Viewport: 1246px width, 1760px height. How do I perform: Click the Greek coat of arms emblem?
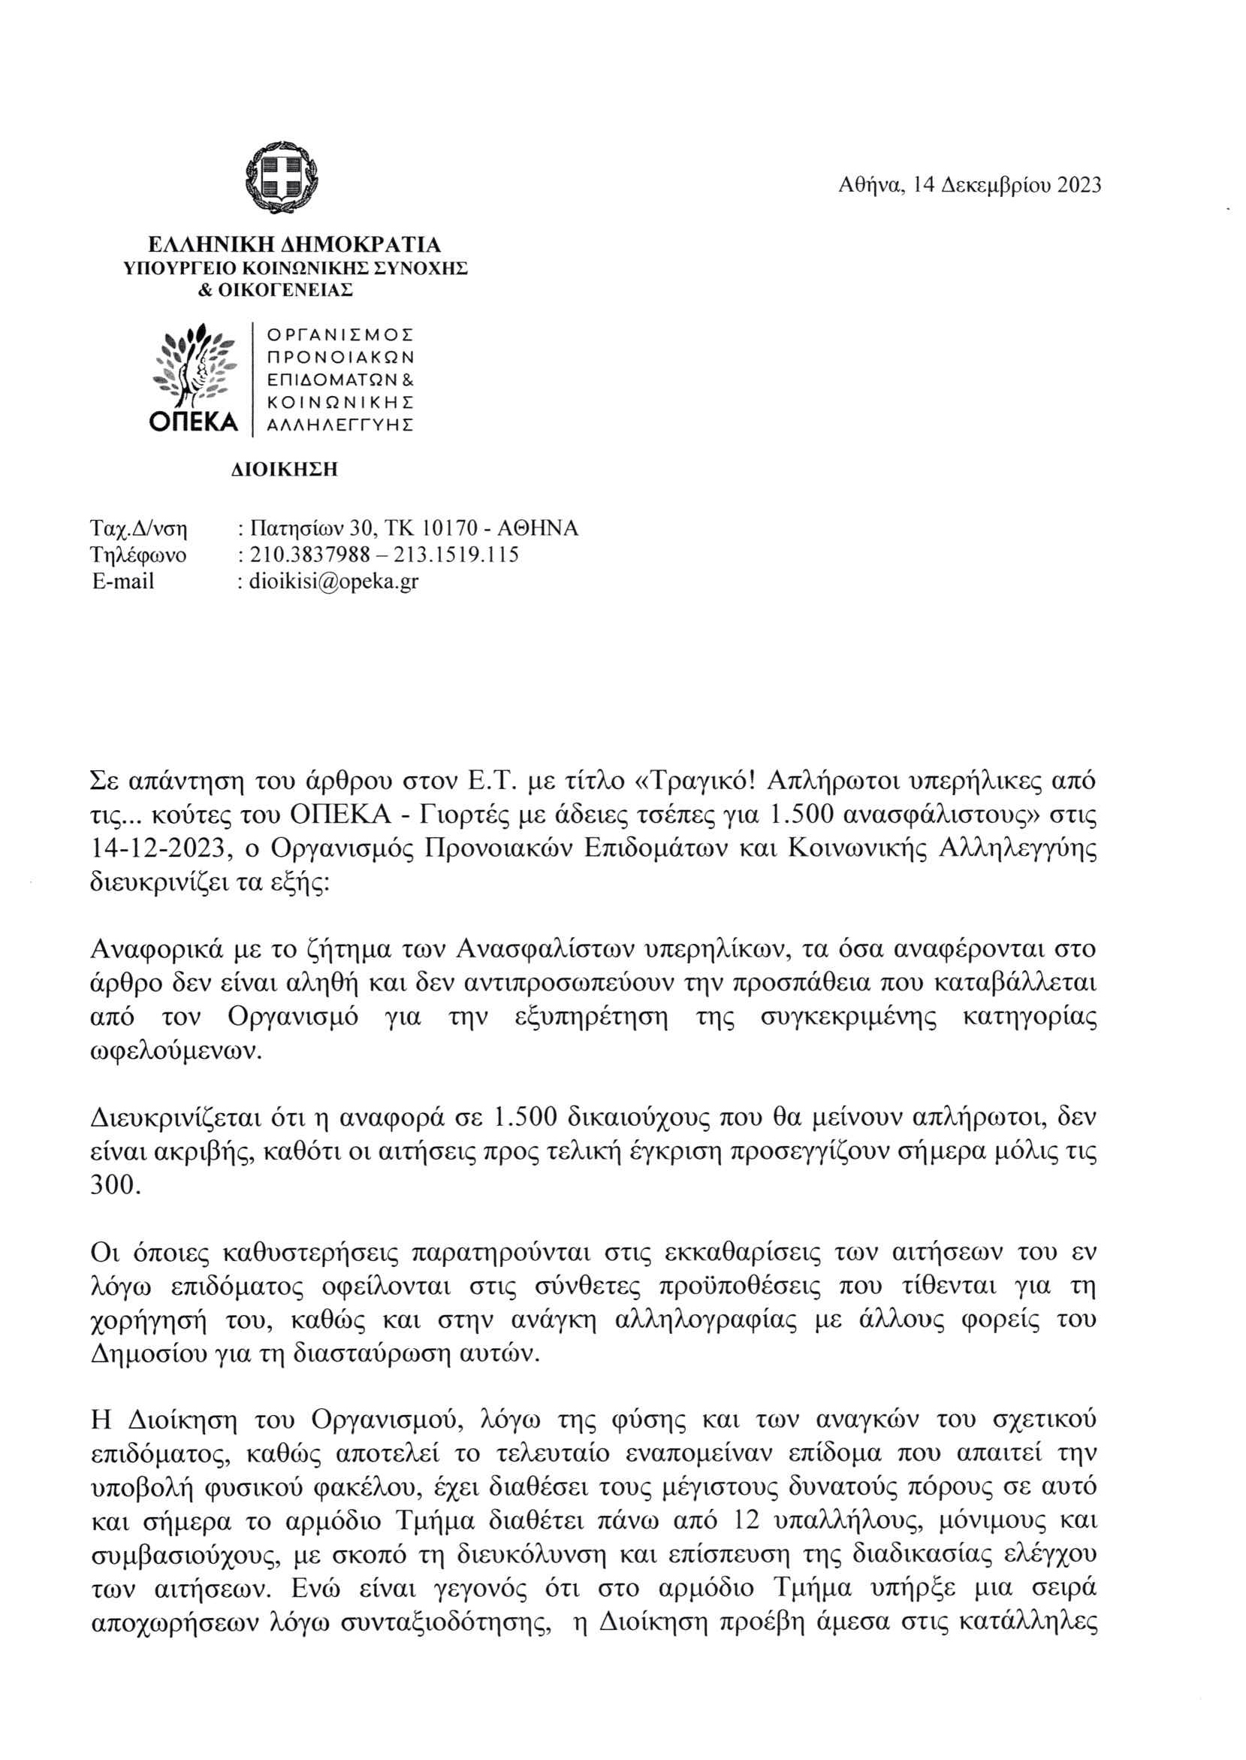click(282, 178)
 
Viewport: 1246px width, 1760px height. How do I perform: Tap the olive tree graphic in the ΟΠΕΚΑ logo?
click(194, 364)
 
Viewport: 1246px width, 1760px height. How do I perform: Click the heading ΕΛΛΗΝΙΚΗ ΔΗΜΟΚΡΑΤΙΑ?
click(294, 245)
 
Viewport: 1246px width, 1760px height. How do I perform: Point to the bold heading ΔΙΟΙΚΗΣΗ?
click(285, 469)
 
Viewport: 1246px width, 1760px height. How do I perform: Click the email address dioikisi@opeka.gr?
click(333, 581)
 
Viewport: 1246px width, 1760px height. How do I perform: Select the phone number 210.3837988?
click(311, 554)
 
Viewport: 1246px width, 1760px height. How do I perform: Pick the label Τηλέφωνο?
click(138, 554)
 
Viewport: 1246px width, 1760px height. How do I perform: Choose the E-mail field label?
click(123, 581)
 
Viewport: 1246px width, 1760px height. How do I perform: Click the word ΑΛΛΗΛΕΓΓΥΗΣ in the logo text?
click(340, 425)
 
